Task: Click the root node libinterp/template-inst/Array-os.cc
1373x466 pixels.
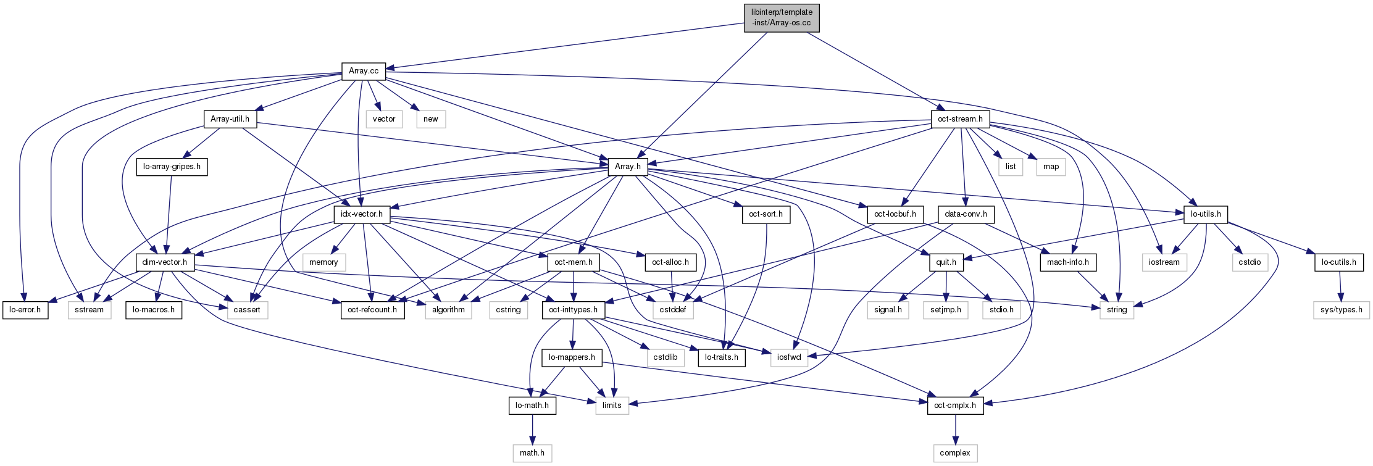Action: pos(781,17)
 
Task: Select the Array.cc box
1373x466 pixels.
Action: pos(364,71)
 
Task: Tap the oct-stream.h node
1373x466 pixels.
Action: pos(960,119)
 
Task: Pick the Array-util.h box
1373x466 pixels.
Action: pos(230,119)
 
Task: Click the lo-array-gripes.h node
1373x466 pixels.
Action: pos(172,167)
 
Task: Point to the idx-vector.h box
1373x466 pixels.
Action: pos(362,214)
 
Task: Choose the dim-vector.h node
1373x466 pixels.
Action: pos(165,262)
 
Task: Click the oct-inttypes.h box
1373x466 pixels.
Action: pos(574,310)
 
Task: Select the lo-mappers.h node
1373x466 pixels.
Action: pos(572,357)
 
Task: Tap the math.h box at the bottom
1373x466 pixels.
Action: pos(532,453)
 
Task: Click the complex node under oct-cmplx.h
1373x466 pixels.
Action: pos(955,453)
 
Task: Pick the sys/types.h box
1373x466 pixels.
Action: pos(1341,310)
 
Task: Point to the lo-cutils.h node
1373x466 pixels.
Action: pos(1338,262)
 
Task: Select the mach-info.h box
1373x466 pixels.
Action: pos(1068,262)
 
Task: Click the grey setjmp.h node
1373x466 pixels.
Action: pos(946,310)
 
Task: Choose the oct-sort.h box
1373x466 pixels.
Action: pos(766,214)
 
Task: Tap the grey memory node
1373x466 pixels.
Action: pos(323,262)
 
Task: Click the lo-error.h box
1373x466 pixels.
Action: pos(25,310)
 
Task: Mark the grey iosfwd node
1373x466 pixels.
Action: pos(789,357)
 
